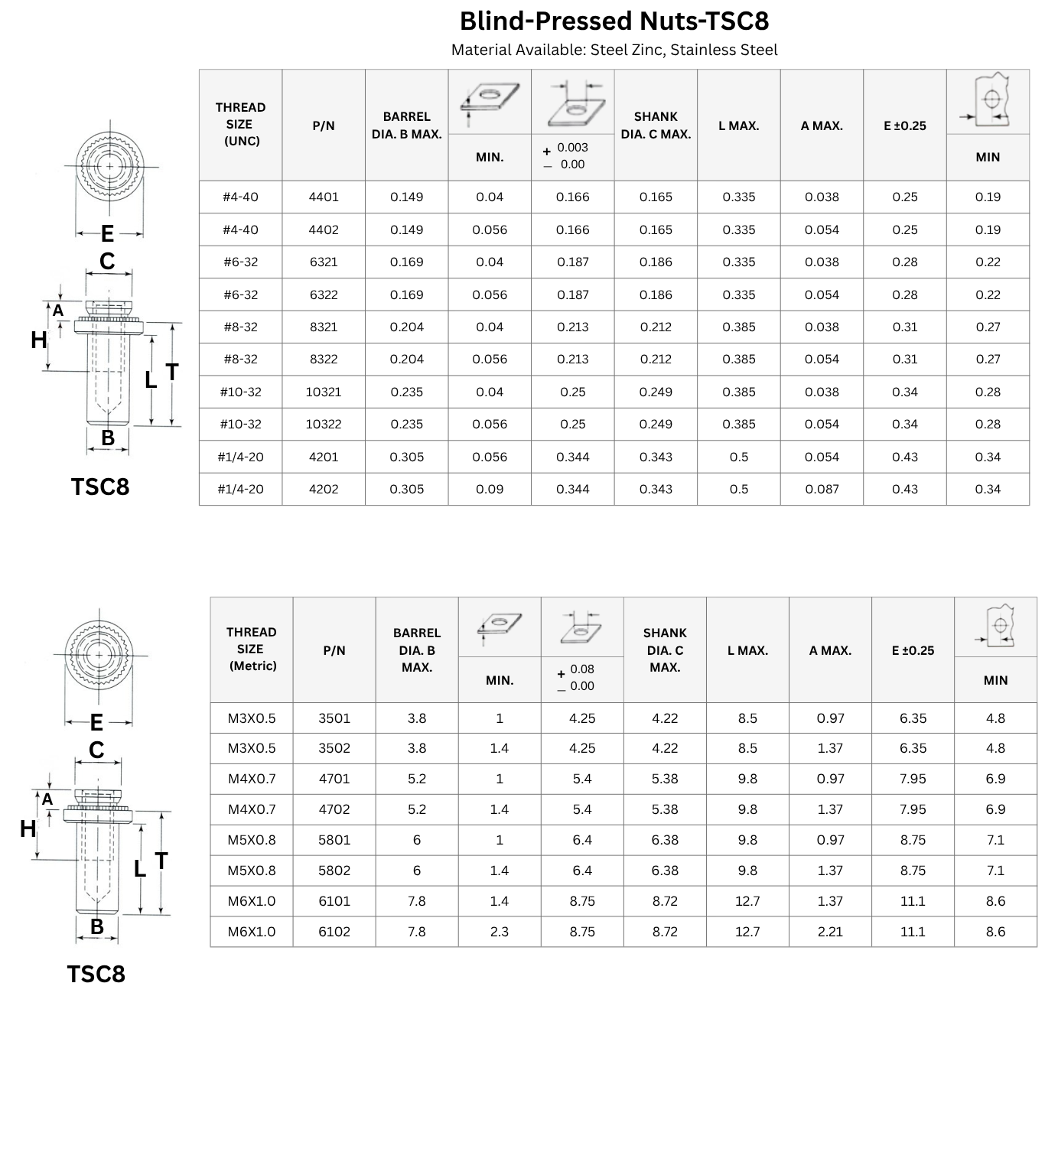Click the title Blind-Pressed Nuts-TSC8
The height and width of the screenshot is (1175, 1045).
pyautogui.click(x=614, y=21)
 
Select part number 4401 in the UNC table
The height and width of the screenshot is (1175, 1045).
pyautogui.click(x=324, y=197)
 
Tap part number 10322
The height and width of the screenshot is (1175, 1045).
pyautogui.click(x=324, y=425)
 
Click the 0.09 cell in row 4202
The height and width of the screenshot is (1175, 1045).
pyautogui.click(x=490, y=490)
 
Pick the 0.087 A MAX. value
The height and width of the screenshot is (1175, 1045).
pyautogui.click(x=822, y=490)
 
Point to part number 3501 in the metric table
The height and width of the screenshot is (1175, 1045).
pyautogui.click(x=334, y=718)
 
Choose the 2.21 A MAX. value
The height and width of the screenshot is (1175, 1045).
pyautogui.click(x=830, y=932)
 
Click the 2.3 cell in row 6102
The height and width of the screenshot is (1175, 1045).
pyautogui.click(x=500, y=932)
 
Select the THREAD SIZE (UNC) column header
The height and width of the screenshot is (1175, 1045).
pyautogui.click(x=241, y=125)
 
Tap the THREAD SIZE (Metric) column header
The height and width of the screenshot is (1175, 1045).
pyautogui.click(x=252, y=649)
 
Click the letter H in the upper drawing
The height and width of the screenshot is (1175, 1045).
pyautogui.click(x=39, y=340)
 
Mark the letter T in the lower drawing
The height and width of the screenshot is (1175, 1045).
pyautogui.click(x=161, y=861)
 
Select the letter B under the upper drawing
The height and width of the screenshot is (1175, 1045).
pyautogui.click(x=108, y=438)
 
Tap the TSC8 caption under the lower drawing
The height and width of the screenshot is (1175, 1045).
pyautogui.click(x=96, y=975)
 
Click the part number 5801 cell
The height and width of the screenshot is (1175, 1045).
pyautogui.click(x=334, y=840)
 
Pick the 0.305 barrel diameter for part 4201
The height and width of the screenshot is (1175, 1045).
pyautogui.click(x=407, y=457)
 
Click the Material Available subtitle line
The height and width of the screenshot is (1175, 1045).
pyautogui.click(x=614, y=50)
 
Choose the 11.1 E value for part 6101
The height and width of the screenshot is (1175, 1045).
pyautogui.click(x=913, y=901)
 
